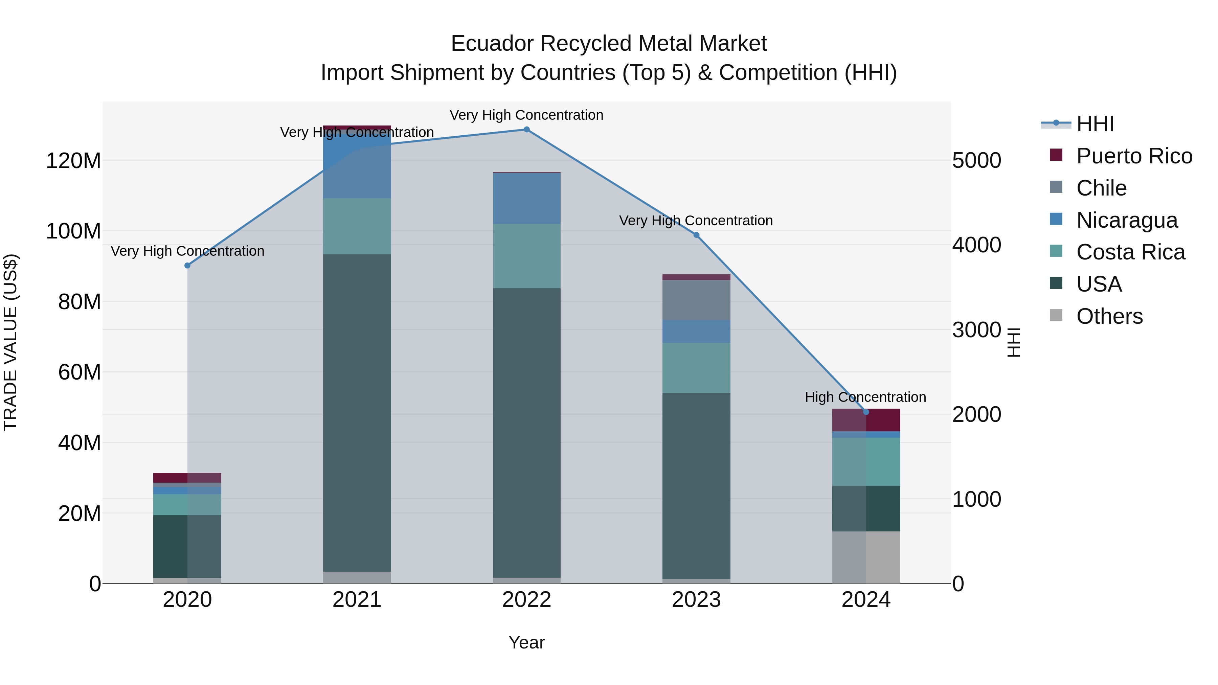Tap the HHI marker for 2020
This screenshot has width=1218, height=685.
187,265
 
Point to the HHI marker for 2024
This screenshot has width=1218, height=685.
866,412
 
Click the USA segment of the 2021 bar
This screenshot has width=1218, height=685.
357,411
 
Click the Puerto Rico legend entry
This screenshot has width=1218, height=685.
1134,156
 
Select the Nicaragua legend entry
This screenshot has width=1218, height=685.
1126,220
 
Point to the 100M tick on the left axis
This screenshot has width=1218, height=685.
73,231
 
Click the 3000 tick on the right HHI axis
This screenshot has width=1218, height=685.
976,329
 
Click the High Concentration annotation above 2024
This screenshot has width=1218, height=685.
865,397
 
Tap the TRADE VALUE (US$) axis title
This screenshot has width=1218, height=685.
10,342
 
